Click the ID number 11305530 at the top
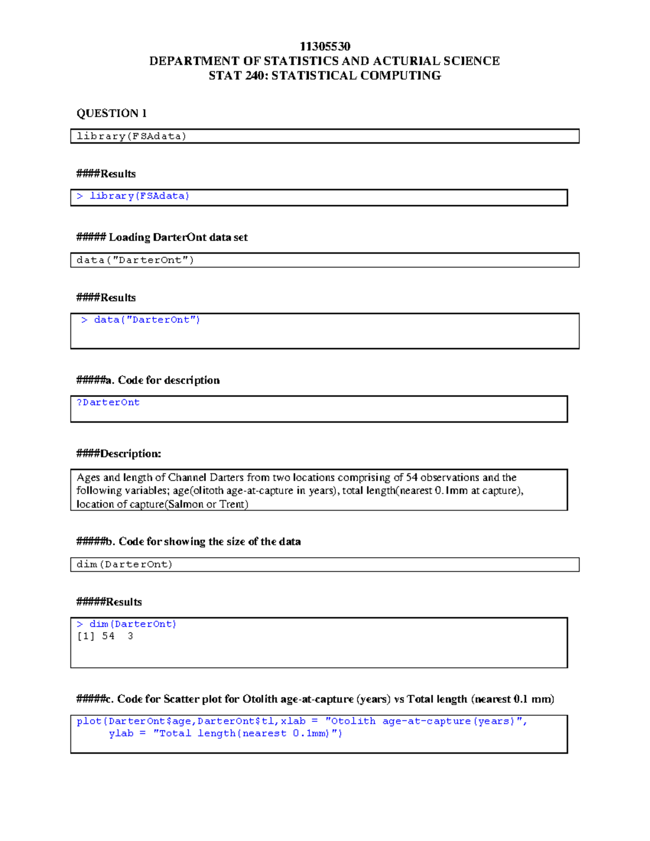click(x=324, y=47)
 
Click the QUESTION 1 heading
click(x=111, y=113)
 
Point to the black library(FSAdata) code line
click(x=131, y=136)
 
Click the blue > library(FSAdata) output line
click(x=133, y=196)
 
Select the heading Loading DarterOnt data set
click(x=178, y=237)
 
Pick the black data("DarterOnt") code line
click(x=135, y=260)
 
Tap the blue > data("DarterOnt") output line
click(x=141, y=320)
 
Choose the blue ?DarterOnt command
click(x=108, y=402)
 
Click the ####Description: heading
click(x=119, y=454)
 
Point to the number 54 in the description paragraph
click(x=412, y=478)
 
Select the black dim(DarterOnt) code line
click(x=124, y=564)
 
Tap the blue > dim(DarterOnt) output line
click(x=127, y=624)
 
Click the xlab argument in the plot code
click(x=293, y=721)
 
